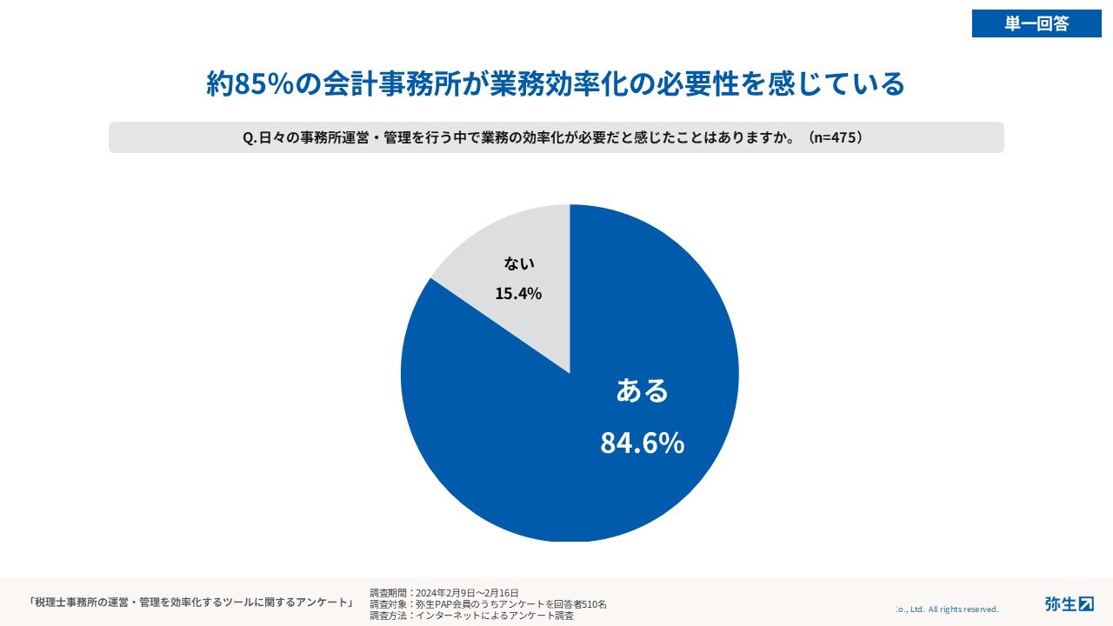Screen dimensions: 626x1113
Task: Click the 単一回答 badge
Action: click(1036, 23)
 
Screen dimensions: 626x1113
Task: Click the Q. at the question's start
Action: click(250, 138)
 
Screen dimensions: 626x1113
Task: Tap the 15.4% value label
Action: click(518, 293)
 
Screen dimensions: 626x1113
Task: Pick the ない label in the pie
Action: click(519, 263)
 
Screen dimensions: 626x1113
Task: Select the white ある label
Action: click(642, 391)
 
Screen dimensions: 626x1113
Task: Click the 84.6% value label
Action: click(642, 443)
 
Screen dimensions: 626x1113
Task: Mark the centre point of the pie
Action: click(570, 373)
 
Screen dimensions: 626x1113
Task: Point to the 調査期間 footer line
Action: click(443, 593)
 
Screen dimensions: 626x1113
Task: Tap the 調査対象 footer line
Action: click(488, 603)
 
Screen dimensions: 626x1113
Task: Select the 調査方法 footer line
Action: click(471, 615)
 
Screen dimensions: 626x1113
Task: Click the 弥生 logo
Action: click(1069, 603)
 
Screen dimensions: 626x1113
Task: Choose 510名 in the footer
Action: click(595, 603)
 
